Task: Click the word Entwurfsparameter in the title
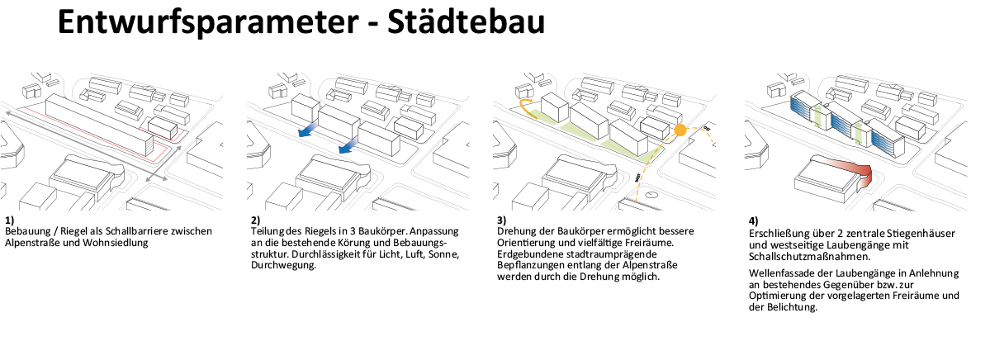[x=206, y=22]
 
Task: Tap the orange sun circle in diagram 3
[x=680, y=131]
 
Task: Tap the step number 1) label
[x=9, y=220]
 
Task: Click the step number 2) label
[x=256, y=220]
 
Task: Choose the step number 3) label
[x=502, y=220]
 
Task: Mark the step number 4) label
[x=753, y=221]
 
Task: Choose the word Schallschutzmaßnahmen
[x=801, y=257]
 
